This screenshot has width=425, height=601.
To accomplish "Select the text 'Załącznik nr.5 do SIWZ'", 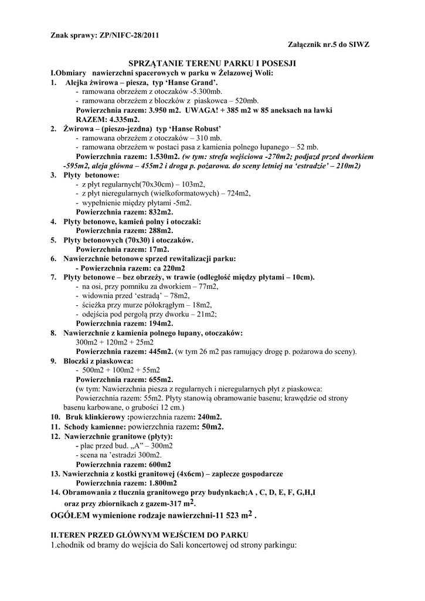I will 329,45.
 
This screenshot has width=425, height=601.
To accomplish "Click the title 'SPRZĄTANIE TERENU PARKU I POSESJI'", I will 212,62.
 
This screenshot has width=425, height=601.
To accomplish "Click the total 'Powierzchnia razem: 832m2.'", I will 124,212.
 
